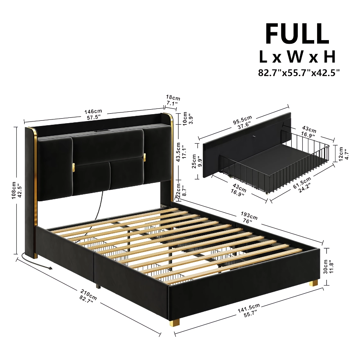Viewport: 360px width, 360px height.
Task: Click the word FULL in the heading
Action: tap(297, 34)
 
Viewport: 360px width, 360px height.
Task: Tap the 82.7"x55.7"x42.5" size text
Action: tap(299, 73)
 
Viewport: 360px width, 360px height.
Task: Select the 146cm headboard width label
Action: tap(93, 112)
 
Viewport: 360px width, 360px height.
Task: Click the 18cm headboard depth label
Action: tap(173, 98)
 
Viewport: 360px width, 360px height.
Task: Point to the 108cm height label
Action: tap(14, 190)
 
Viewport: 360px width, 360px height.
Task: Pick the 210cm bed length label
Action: tap(89, 294)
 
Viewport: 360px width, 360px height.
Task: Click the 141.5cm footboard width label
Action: tap(249, 308)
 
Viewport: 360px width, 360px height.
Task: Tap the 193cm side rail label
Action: tap(249, 215)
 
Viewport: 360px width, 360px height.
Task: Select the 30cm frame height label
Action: tap(326, 267)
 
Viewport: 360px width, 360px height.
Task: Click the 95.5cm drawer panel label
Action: tap(243, 120)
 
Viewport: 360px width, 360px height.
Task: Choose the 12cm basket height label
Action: tap(341, 153)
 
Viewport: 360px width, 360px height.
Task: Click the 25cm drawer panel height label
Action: tap(194, 161)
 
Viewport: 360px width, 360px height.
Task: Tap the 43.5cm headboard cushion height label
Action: tap(178, 152)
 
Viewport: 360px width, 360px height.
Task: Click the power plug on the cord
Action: tap(49, 268)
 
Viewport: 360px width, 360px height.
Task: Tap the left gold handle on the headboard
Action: tap(74, 168)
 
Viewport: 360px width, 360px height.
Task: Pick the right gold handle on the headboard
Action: tap(144, 157)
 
